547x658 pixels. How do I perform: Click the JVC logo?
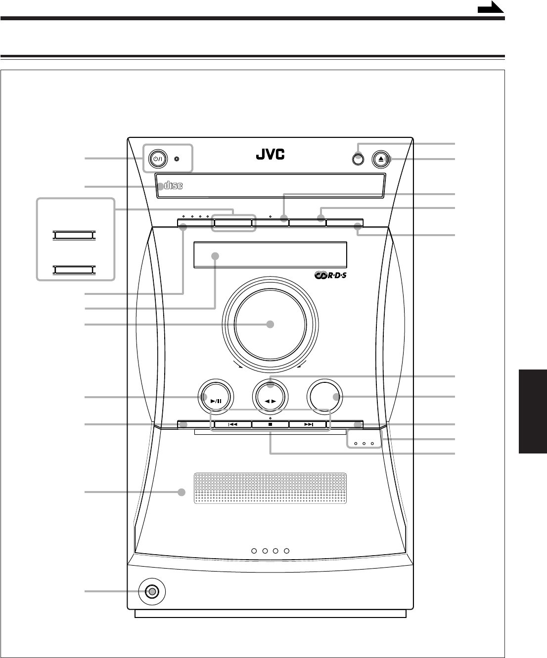point(270,155)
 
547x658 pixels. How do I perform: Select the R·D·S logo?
point(331,276)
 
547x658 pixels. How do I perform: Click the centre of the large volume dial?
point(270,325)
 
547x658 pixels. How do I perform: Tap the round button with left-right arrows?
point(270,398)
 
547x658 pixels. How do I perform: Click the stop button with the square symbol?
point(271,424)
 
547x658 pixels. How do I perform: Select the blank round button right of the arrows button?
point(324,397)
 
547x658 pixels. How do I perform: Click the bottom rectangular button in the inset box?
point(74,269)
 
